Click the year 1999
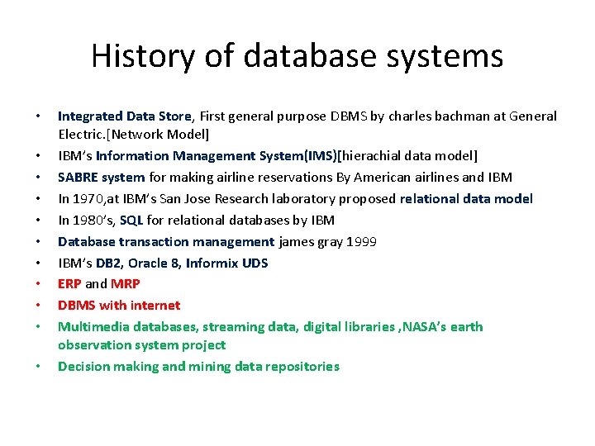(x=363, y=241)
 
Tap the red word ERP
(x=69, y=284)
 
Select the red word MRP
(x=125, y=284)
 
